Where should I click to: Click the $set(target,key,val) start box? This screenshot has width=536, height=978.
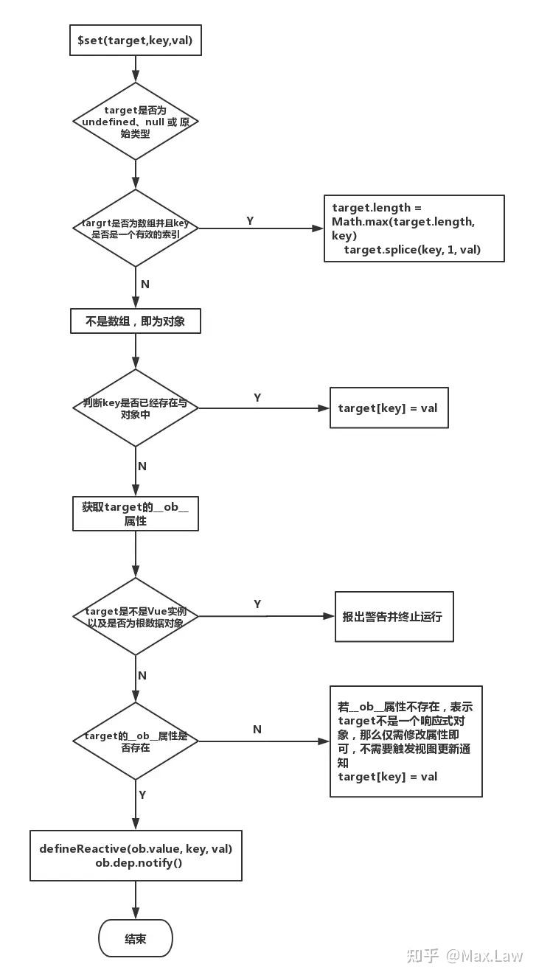[136, 41]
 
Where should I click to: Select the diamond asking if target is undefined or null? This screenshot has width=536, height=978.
[136, 121]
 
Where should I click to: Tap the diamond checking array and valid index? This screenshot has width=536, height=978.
[136, 228]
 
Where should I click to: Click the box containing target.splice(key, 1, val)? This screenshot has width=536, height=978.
[414, 228]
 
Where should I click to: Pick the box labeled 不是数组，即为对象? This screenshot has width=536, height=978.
[136, 321]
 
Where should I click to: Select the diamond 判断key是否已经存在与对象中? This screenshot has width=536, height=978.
[136, 408]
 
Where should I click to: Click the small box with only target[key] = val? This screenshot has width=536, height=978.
[389, 408]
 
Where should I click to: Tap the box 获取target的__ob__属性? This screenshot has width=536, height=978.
[136, 514]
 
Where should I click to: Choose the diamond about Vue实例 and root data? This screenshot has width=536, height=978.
[136, 616]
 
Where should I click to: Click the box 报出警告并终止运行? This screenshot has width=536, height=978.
[394, 616]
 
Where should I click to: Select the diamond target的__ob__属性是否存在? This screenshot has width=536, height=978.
[136, 741]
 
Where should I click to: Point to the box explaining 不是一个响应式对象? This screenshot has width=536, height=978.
[406, 741]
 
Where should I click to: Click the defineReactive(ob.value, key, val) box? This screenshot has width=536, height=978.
[136, 855]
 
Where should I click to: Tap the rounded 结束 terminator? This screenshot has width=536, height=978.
[136, 938]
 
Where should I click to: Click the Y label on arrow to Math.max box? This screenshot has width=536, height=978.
[250, 220]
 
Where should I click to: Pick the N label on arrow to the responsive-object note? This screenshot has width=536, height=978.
[257, 729]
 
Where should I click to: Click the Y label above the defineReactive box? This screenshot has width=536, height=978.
[142, 795]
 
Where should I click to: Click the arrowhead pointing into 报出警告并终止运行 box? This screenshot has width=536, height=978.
[330, 616]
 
